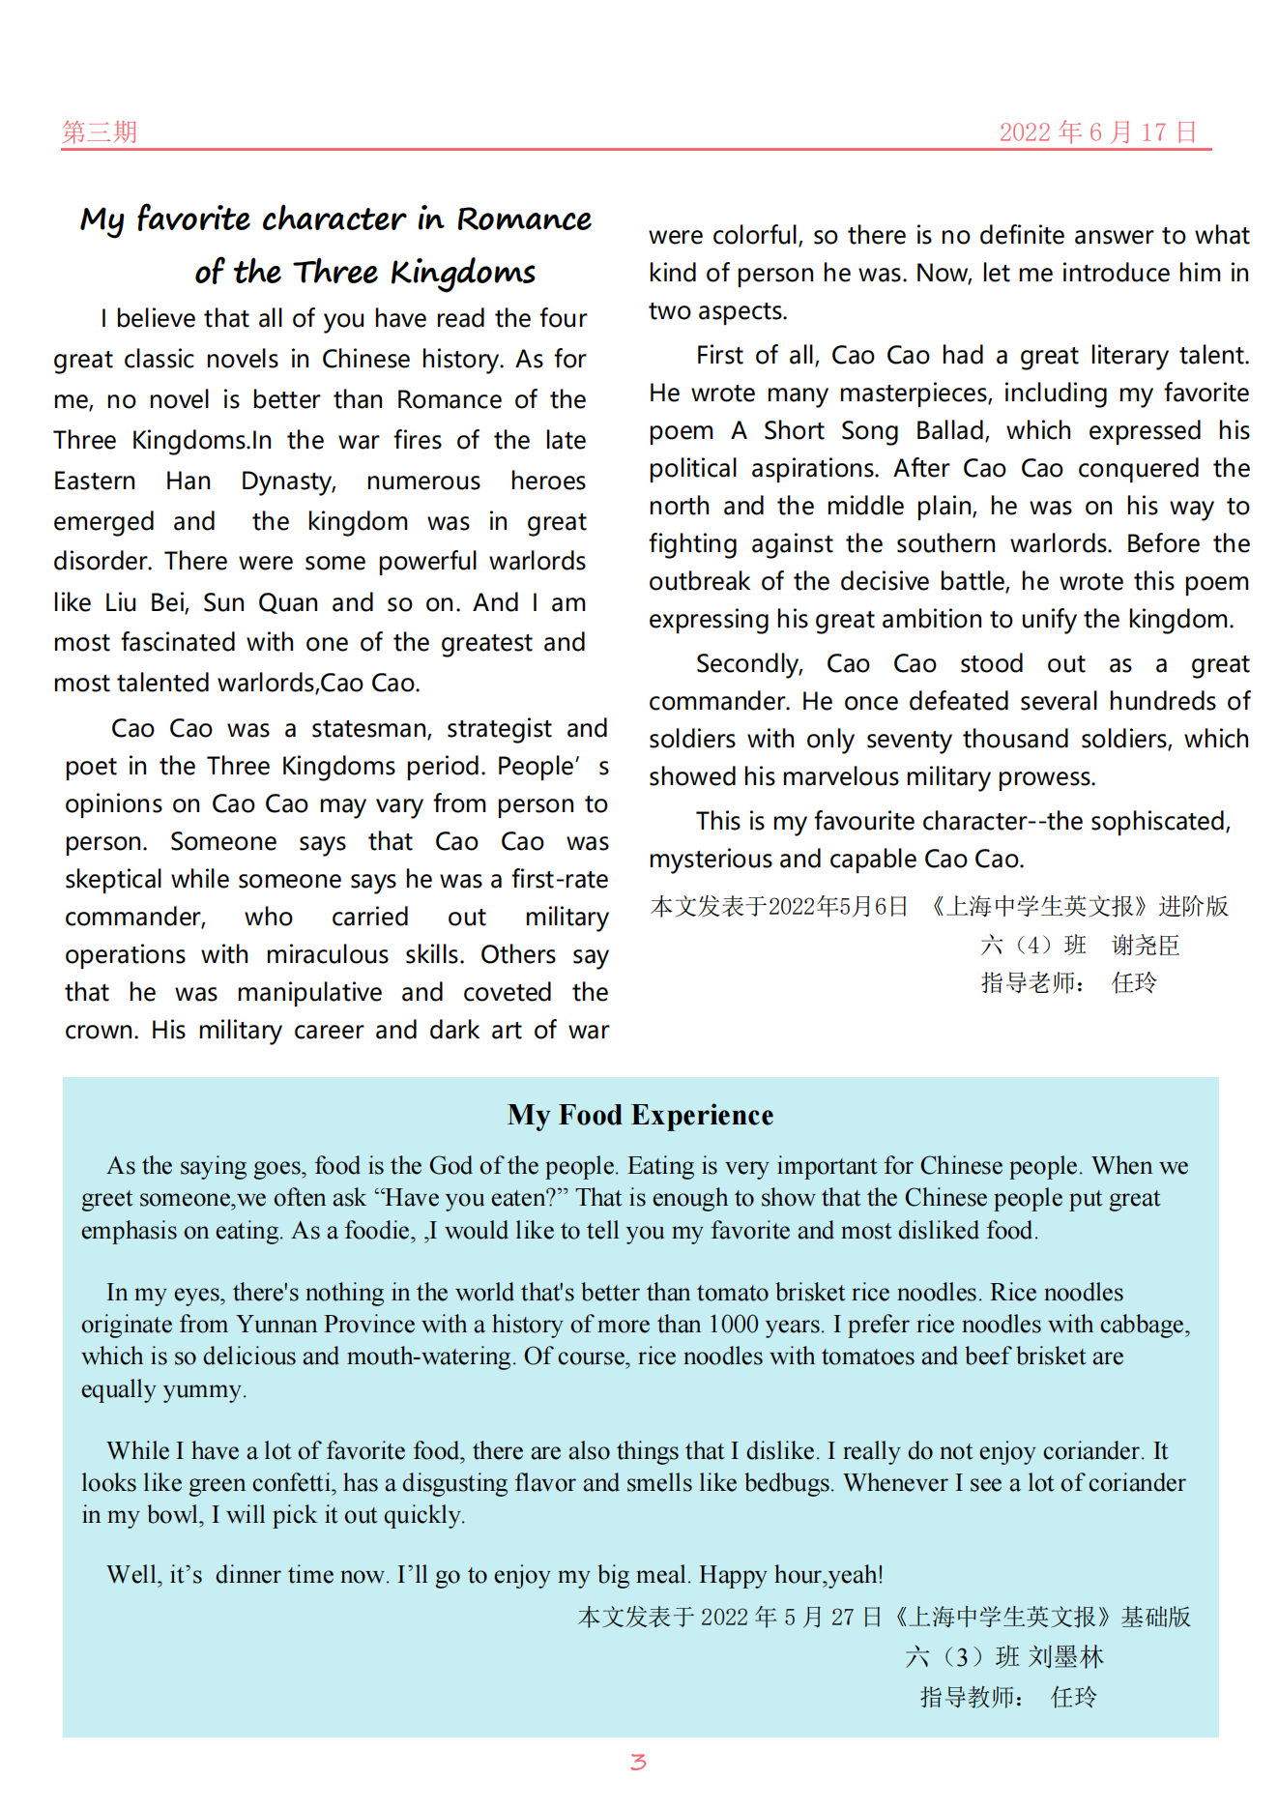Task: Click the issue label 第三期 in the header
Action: point(100,131)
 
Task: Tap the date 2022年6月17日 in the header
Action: point(1098,131)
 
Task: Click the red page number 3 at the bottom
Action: point(638,1762)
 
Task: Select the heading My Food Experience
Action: point(640,1115)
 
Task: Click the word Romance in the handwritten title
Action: point(524,219)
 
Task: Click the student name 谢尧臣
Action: point(1146,946)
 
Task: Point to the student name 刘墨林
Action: point(1065,1657)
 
